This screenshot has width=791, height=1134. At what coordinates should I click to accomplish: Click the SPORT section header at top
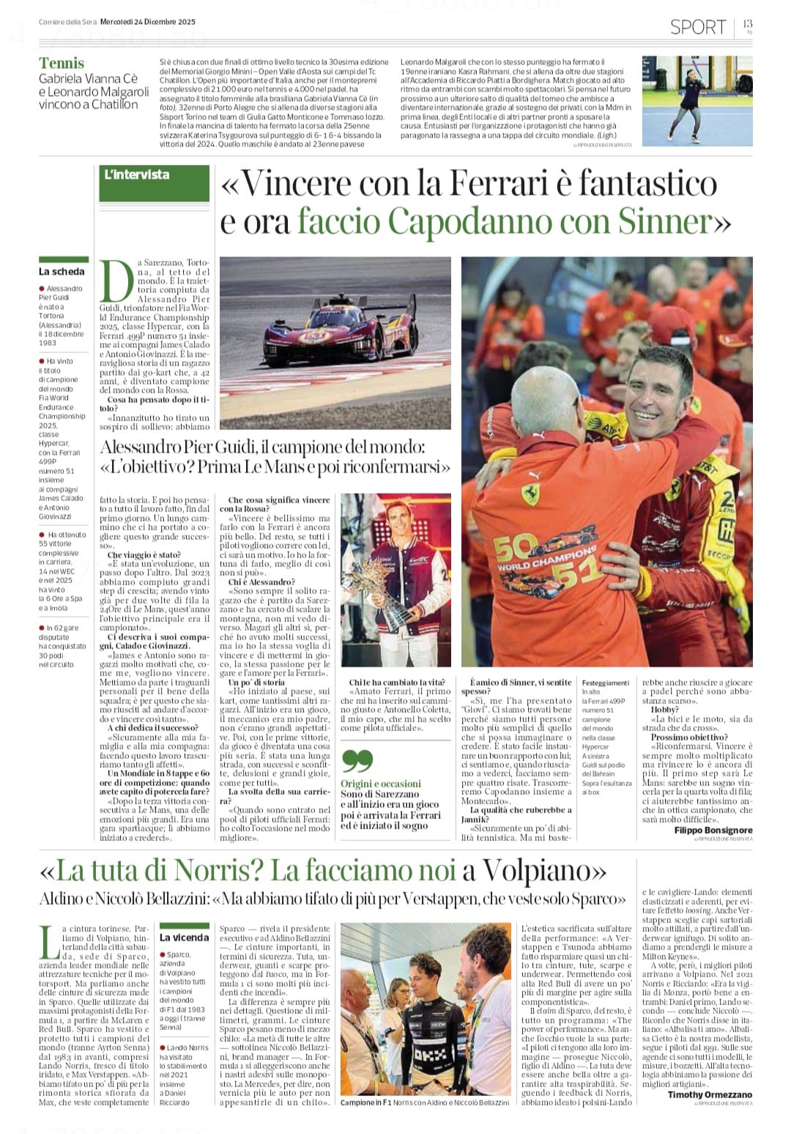click(x=697, y=27)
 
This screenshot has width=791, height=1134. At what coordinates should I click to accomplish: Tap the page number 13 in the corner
click(x=747, y=24)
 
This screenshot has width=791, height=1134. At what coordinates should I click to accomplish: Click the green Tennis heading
click(x=62, y=63)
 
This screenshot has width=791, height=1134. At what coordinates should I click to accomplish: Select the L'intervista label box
click(x=154, y=176)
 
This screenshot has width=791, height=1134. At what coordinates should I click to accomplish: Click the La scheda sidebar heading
click(x=62, y=271)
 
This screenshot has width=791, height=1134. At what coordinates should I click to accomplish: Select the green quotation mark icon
click(x=357, y=761)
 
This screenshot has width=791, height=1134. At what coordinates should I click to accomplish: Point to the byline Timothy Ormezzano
click(x=710, y=1094)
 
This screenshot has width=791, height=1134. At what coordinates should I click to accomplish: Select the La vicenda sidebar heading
click(x=184, y=937)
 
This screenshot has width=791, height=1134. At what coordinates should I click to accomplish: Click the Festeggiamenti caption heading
click(x=605, y=683)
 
